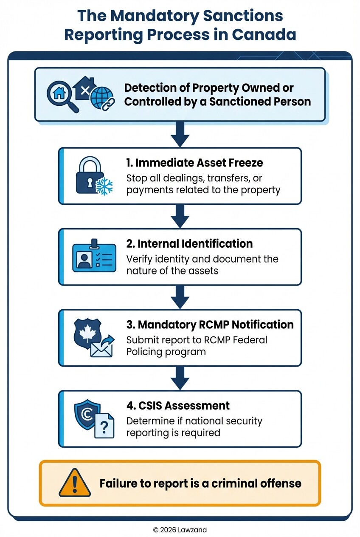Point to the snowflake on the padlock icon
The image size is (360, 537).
[x=104, y=186]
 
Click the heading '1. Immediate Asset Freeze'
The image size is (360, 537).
[x=194, y=162]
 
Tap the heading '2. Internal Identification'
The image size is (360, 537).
[x=189, y=243]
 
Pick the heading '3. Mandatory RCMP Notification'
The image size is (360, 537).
[x=210, y=325]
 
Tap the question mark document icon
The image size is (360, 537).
[x=104, y=425]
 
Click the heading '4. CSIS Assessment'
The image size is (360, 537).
[x=178, y=405]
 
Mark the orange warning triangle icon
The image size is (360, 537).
[x=74, y=483]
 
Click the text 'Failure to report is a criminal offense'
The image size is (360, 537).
[x=200, y=483]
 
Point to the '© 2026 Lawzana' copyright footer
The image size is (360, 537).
[x=180, y=530]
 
